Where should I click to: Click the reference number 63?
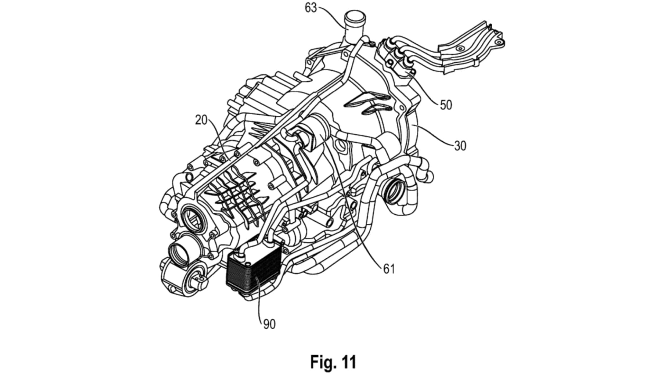point(311,8)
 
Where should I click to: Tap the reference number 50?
point(446,105)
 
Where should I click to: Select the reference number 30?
point(460,146)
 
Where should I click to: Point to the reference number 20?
point(201,120)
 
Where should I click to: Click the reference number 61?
point(389,269)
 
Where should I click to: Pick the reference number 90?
point(269,324)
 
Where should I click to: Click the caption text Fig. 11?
point(333,362)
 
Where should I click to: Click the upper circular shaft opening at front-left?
point(191,218)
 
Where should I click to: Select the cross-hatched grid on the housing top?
point(235,194)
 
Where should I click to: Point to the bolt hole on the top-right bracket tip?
point(498,42)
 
